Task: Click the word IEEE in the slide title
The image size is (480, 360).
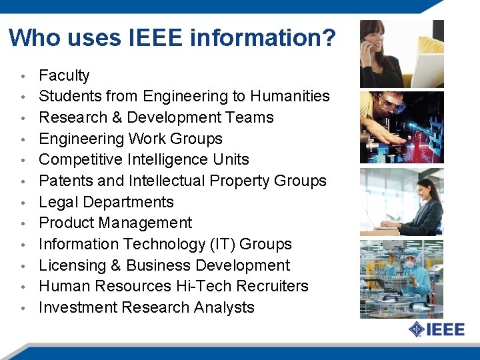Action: click(153, 37)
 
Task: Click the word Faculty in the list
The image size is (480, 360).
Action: click(64, 75)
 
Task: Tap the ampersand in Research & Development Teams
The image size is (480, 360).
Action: click(113, 117)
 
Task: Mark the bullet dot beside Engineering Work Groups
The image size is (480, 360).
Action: click(23, 140)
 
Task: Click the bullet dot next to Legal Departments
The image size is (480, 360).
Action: click(23, 203)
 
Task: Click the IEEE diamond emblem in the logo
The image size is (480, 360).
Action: click(417, 329)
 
